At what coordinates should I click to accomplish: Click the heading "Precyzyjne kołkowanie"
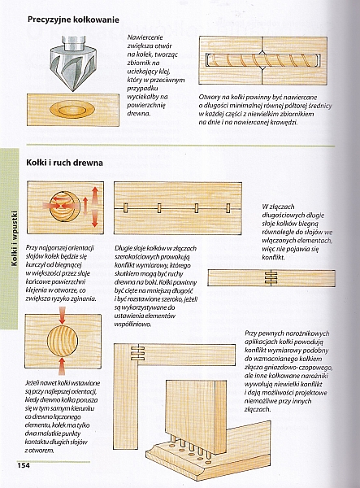tap(73, 20)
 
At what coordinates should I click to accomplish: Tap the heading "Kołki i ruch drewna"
tap(64, 163)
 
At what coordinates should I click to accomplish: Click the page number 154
tap(24, 465)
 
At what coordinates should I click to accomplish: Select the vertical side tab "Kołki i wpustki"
tap(15, 238)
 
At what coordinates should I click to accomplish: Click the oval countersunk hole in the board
tap(72, 110)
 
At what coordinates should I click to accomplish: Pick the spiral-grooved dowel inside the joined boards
tap(263, 60)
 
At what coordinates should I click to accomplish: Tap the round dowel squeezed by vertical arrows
tap(63, 341)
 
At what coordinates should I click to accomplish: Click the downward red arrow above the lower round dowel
tap(63, 315)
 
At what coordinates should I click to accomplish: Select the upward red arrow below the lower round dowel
tap(63, 365)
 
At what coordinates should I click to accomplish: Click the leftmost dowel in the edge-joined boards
tap(126, 208)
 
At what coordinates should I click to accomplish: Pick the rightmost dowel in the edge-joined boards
tap(228, 208)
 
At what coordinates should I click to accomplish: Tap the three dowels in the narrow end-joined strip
tap(271, 277)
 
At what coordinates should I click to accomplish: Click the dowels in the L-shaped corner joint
tap(137, 353)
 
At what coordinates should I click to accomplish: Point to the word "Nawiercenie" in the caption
tap(145, 37)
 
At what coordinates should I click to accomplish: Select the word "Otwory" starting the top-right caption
tap(209, 97)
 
